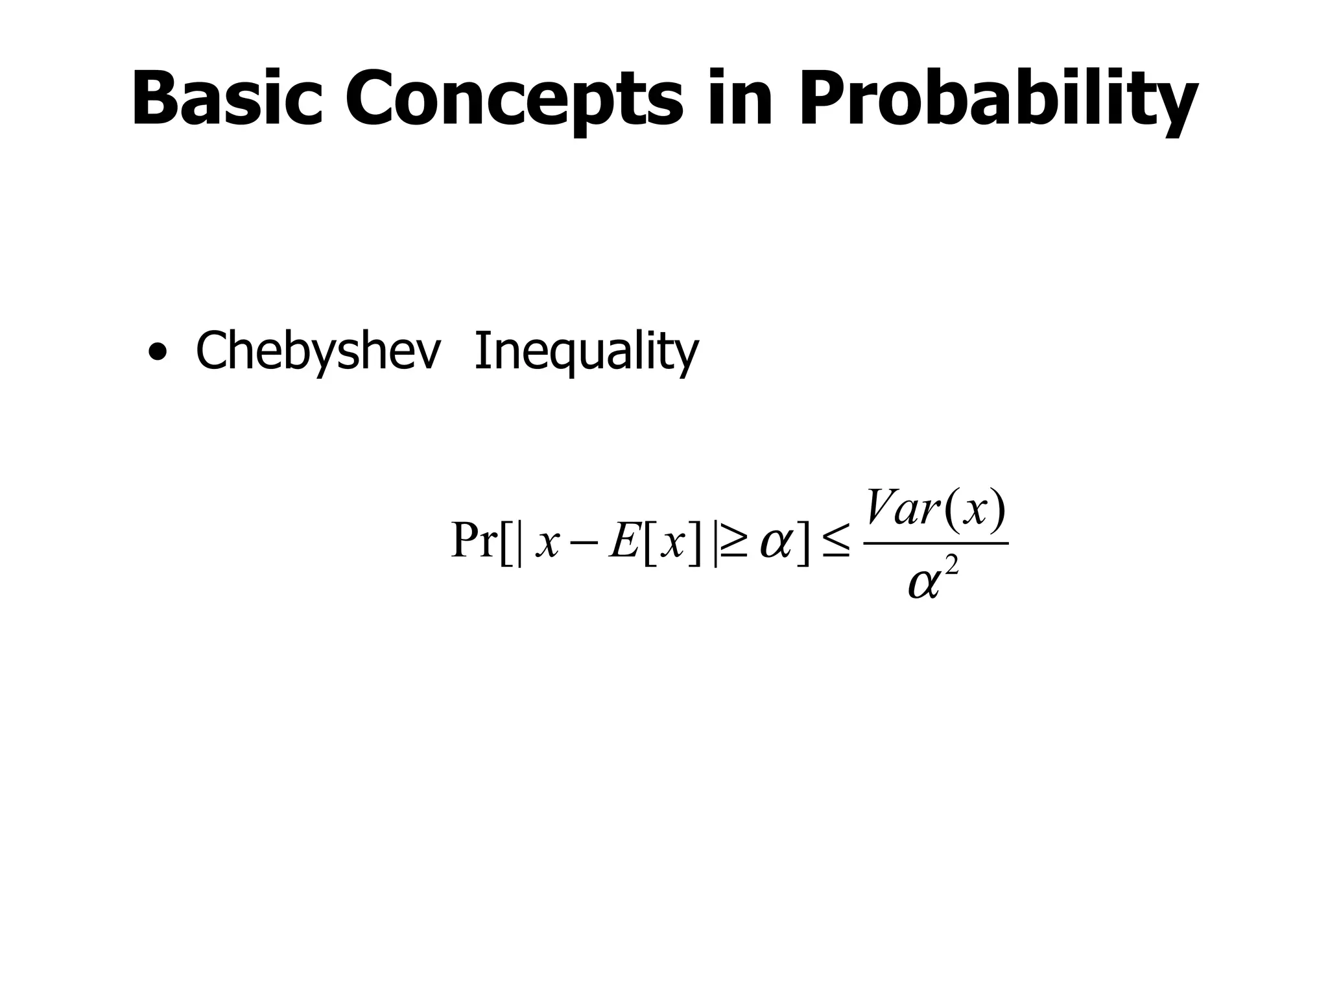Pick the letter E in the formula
click(x=625, y=540)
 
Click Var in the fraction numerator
click(x=902, y=508)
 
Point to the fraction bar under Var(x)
click(x=938, y=543)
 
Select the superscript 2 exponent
click(x=951, y=567)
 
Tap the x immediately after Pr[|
click(x=547, y=543)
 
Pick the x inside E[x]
click(x=672, y=543)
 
